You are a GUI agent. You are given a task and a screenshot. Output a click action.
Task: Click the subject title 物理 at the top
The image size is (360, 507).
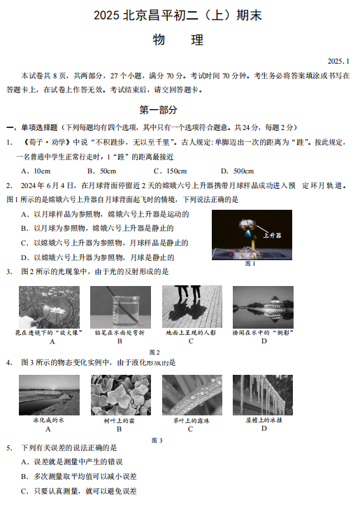point(178,40)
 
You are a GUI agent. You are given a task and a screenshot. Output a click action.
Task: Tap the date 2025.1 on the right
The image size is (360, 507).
point(338,62)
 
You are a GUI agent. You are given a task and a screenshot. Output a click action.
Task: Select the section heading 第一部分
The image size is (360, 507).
point(158,110)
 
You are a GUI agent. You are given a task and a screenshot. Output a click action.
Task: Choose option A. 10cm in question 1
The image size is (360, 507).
point(36,171)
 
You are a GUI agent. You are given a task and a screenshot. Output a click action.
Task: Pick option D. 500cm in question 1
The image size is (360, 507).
point(237,171)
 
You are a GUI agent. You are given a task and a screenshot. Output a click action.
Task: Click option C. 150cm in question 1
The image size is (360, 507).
point(170,171)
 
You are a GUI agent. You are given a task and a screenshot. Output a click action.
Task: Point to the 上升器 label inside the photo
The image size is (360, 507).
point(272,236)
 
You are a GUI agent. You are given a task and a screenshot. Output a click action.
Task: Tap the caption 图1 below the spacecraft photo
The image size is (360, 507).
point(250,264)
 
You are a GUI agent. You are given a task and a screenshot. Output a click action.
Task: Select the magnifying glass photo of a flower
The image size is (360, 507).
point(49,307)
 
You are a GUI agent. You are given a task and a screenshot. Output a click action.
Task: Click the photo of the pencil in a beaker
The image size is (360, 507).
point(120,307)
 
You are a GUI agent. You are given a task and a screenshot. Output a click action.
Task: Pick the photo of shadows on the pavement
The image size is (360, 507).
point(192,306)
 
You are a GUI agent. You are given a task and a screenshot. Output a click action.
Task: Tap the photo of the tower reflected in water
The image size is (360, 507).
point(263,307)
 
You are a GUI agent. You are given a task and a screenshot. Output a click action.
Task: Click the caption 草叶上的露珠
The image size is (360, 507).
point(192,421)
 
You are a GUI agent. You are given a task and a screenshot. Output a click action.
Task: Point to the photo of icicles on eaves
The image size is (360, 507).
point(263,395)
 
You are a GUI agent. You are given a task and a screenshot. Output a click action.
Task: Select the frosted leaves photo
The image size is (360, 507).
point(121,395)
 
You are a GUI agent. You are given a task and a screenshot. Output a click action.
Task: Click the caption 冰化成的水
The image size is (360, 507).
point(48,420)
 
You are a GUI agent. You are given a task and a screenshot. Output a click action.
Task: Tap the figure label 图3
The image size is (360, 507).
point(157,441)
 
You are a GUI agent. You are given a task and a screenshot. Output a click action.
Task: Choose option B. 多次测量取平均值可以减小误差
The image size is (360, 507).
point(79,477)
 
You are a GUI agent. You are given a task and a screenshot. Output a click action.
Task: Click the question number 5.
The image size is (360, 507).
point(9,448)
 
